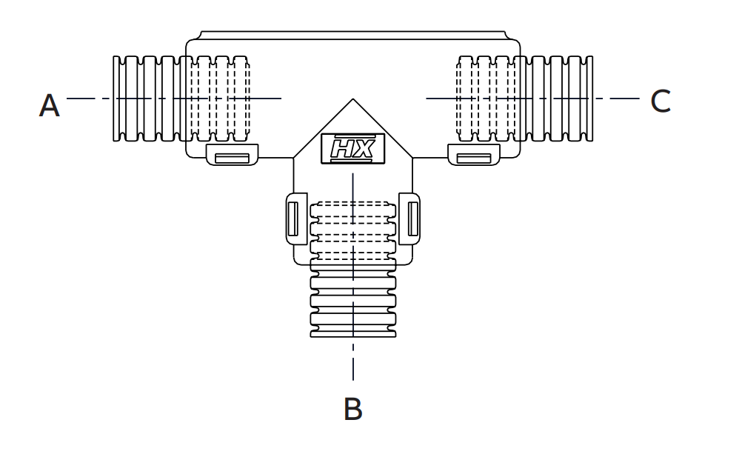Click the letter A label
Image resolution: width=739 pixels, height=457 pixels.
pos(49,106)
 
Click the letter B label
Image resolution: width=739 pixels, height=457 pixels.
pos(353,409)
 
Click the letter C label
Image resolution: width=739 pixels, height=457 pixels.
pos(660,101)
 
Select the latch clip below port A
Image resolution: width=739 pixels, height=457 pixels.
pos(232,156)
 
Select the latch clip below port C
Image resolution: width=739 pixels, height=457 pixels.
pos(474,156)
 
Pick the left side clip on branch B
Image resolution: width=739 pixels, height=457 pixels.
pos(292,218)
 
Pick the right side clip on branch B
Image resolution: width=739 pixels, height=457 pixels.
pos(412,218)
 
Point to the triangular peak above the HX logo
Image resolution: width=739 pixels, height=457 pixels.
pos(353,104)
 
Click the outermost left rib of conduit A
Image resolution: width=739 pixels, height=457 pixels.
pos(117,98)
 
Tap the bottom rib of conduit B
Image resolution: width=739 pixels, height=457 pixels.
pos(353,331)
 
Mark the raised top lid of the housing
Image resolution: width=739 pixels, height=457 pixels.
pos(353,35)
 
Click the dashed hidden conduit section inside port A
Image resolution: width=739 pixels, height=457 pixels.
pos(219,98)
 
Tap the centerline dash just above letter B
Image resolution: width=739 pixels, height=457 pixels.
pos(353,368)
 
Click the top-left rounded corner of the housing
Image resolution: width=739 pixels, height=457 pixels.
pos(190,43)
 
